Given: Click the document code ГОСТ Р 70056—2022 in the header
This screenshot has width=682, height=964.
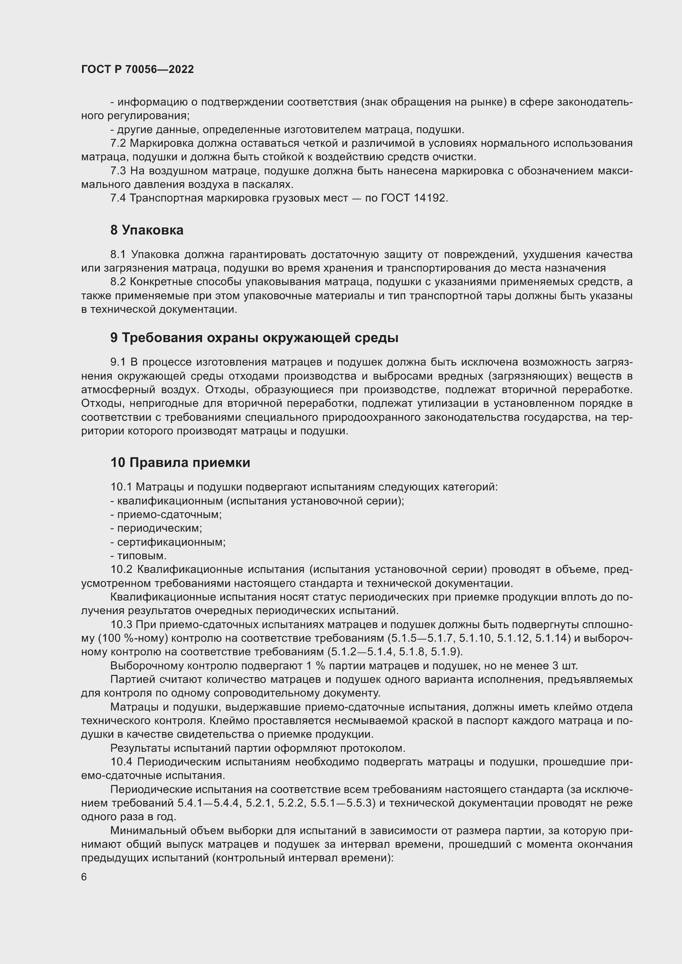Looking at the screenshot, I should [137, 70].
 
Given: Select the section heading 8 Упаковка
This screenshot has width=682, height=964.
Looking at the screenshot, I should [146, 230].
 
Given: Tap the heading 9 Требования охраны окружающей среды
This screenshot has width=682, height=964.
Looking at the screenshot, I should [254, 338].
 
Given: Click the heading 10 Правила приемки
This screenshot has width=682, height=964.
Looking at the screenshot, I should [180, 462].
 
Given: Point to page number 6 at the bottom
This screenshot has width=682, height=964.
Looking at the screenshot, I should [84, 877].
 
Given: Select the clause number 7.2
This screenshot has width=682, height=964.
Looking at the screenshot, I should [118, 143].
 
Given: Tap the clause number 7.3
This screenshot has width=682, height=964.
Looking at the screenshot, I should [118, 171].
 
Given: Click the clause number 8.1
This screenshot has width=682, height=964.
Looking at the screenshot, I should [118, 254].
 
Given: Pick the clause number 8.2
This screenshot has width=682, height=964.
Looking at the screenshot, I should [118, 282].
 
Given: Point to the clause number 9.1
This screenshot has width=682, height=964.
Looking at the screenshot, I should [118, 362].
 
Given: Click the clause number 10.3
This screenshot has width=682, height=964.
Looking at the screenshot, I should [121, 624].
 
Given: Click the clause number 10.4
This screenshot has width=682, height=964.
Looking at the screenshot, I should [121, 762].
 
